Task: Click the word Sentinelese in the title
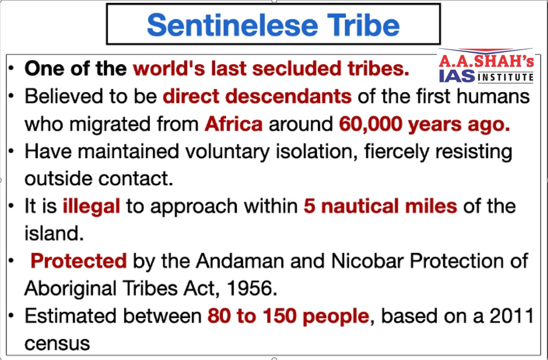coord(232,25)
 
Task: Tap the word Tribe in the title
coord(364,25)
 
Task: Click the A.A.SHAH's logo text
coord(487,61)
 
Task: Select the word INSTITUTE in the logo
coord(505,77)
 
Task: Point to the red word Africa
coord(234,123)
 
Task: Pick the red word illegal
coord(91,206)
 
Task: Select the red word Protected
coord(79,261)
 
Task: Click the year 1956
coord(250,289)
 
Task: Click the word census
coord(57,344)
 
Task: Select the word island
coord(54,233)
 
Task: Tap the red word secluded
coord(296,68)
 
